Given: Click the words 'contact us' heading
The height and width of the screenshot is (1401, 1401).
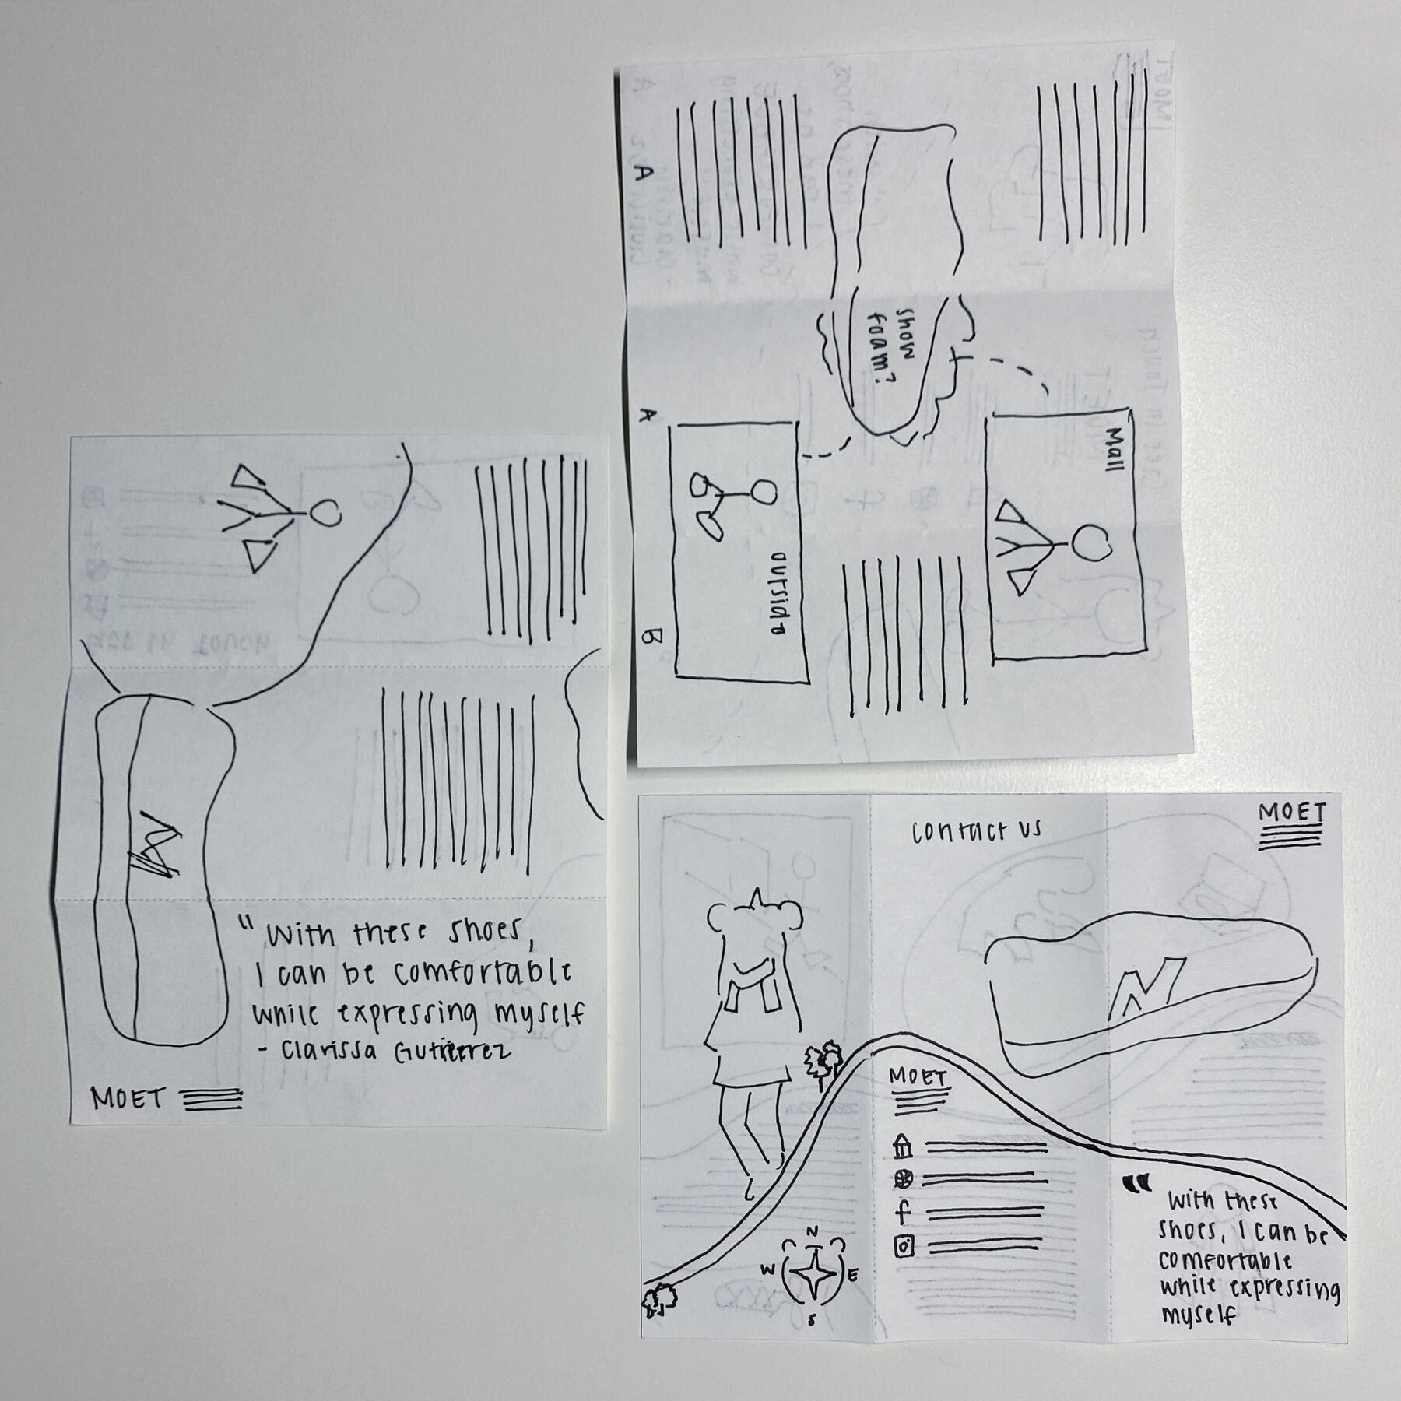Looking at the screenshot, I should tap(976, 832).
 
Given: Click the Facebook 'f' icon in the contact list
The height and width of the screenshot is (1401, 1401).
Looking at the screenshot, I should tap(904, 1212).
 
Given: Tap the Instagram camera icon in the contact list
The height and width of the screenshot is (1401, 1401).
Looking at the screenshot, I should tap(904, 1247).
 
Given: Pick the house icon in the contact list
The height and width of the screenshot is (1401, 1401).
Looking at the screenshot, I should tap(903, 1146).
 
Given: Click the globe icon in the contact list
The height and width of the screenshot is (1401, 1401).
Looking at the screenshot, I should tap(903, 1180).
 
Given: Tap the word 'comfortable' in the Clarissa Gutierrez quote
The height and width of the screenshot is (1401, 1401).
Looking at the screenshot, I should tap(482, 973).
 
